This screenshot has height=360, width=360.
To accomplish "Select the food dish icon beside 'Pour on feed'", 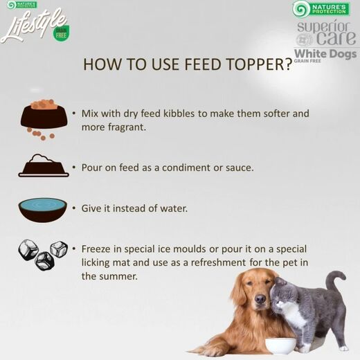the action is (x=44, y=165).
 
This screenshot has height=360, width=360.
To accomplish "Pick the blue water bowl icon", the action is (x=43, y=209).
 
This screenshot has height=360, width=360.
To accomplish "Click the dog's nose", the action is (x=260, y=299).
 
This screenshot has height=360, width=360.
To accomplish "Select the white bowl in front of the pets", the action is (x=280, y=346).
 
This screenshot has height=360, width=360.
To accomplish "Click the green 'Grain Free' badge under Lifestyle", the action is (x=61, y=33).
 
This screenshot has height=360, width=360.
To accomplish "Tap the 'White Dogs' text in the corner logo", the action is (x=325, y=54).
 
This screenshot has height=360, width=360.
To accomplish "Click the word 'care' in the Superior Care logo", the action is (x=336, y=38).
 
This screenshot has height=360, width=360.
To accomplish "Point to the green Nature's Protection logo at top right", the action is (x=321, y=9).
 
